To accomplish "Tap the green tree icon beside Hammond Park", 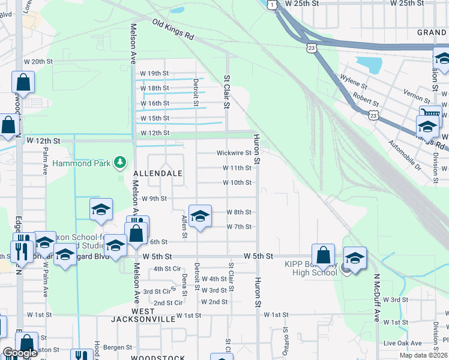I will (x=121, y=162).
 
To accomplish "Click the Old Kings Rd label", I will (x=173, y=30).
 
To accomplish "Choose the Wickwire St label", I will (x=234, y=153).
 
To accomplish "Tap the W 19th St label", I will (x=154, y=73).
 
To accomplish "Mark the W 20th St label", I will (x=39, y=61).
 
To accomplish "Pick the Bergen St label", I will (x=117, y=347).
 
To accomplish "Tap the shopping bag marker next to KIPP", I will (x=323, y=255).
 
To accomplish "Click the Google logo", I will (x=20, y=353).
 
